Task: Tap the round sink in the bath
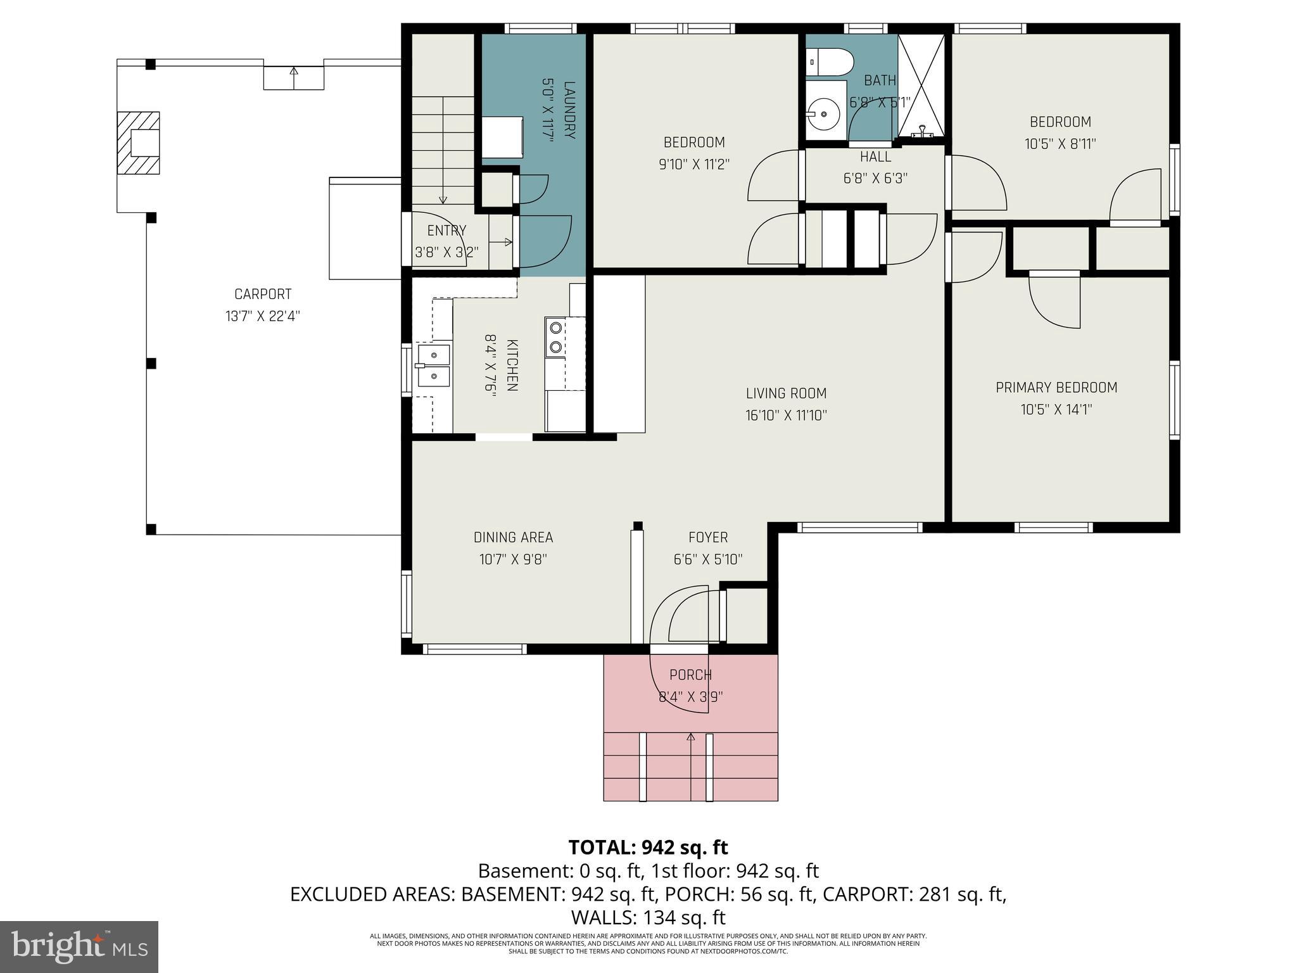click(x=824, y=115)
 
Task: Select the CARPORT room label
click(x=263, y=295)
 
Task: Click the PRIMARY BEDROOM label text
click(x=1056, y=388)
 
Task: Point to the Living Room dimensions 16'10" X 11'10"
click(x=786, y=416)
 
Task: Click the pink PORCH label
click(x=690, y=675)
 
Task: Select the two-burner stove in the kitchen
click(x=556, y=337)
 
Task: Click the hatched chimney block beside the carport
click(x=138, y=143)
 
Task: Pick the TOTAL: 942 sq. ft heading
click(x=648, y=848)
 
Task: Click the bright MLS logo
click(x=79, y=946)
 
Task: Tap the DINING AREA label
click(x=513, y=538)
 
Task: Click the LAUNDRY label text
click(x=569, y=110)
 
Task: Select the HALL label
click(x=875, y=157)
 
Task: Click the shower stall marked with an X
click(x=921, y=86)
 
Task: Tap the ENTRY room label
click(x=446, y=231)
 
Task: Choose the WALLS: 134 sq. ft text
click(x=648, y=917)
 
